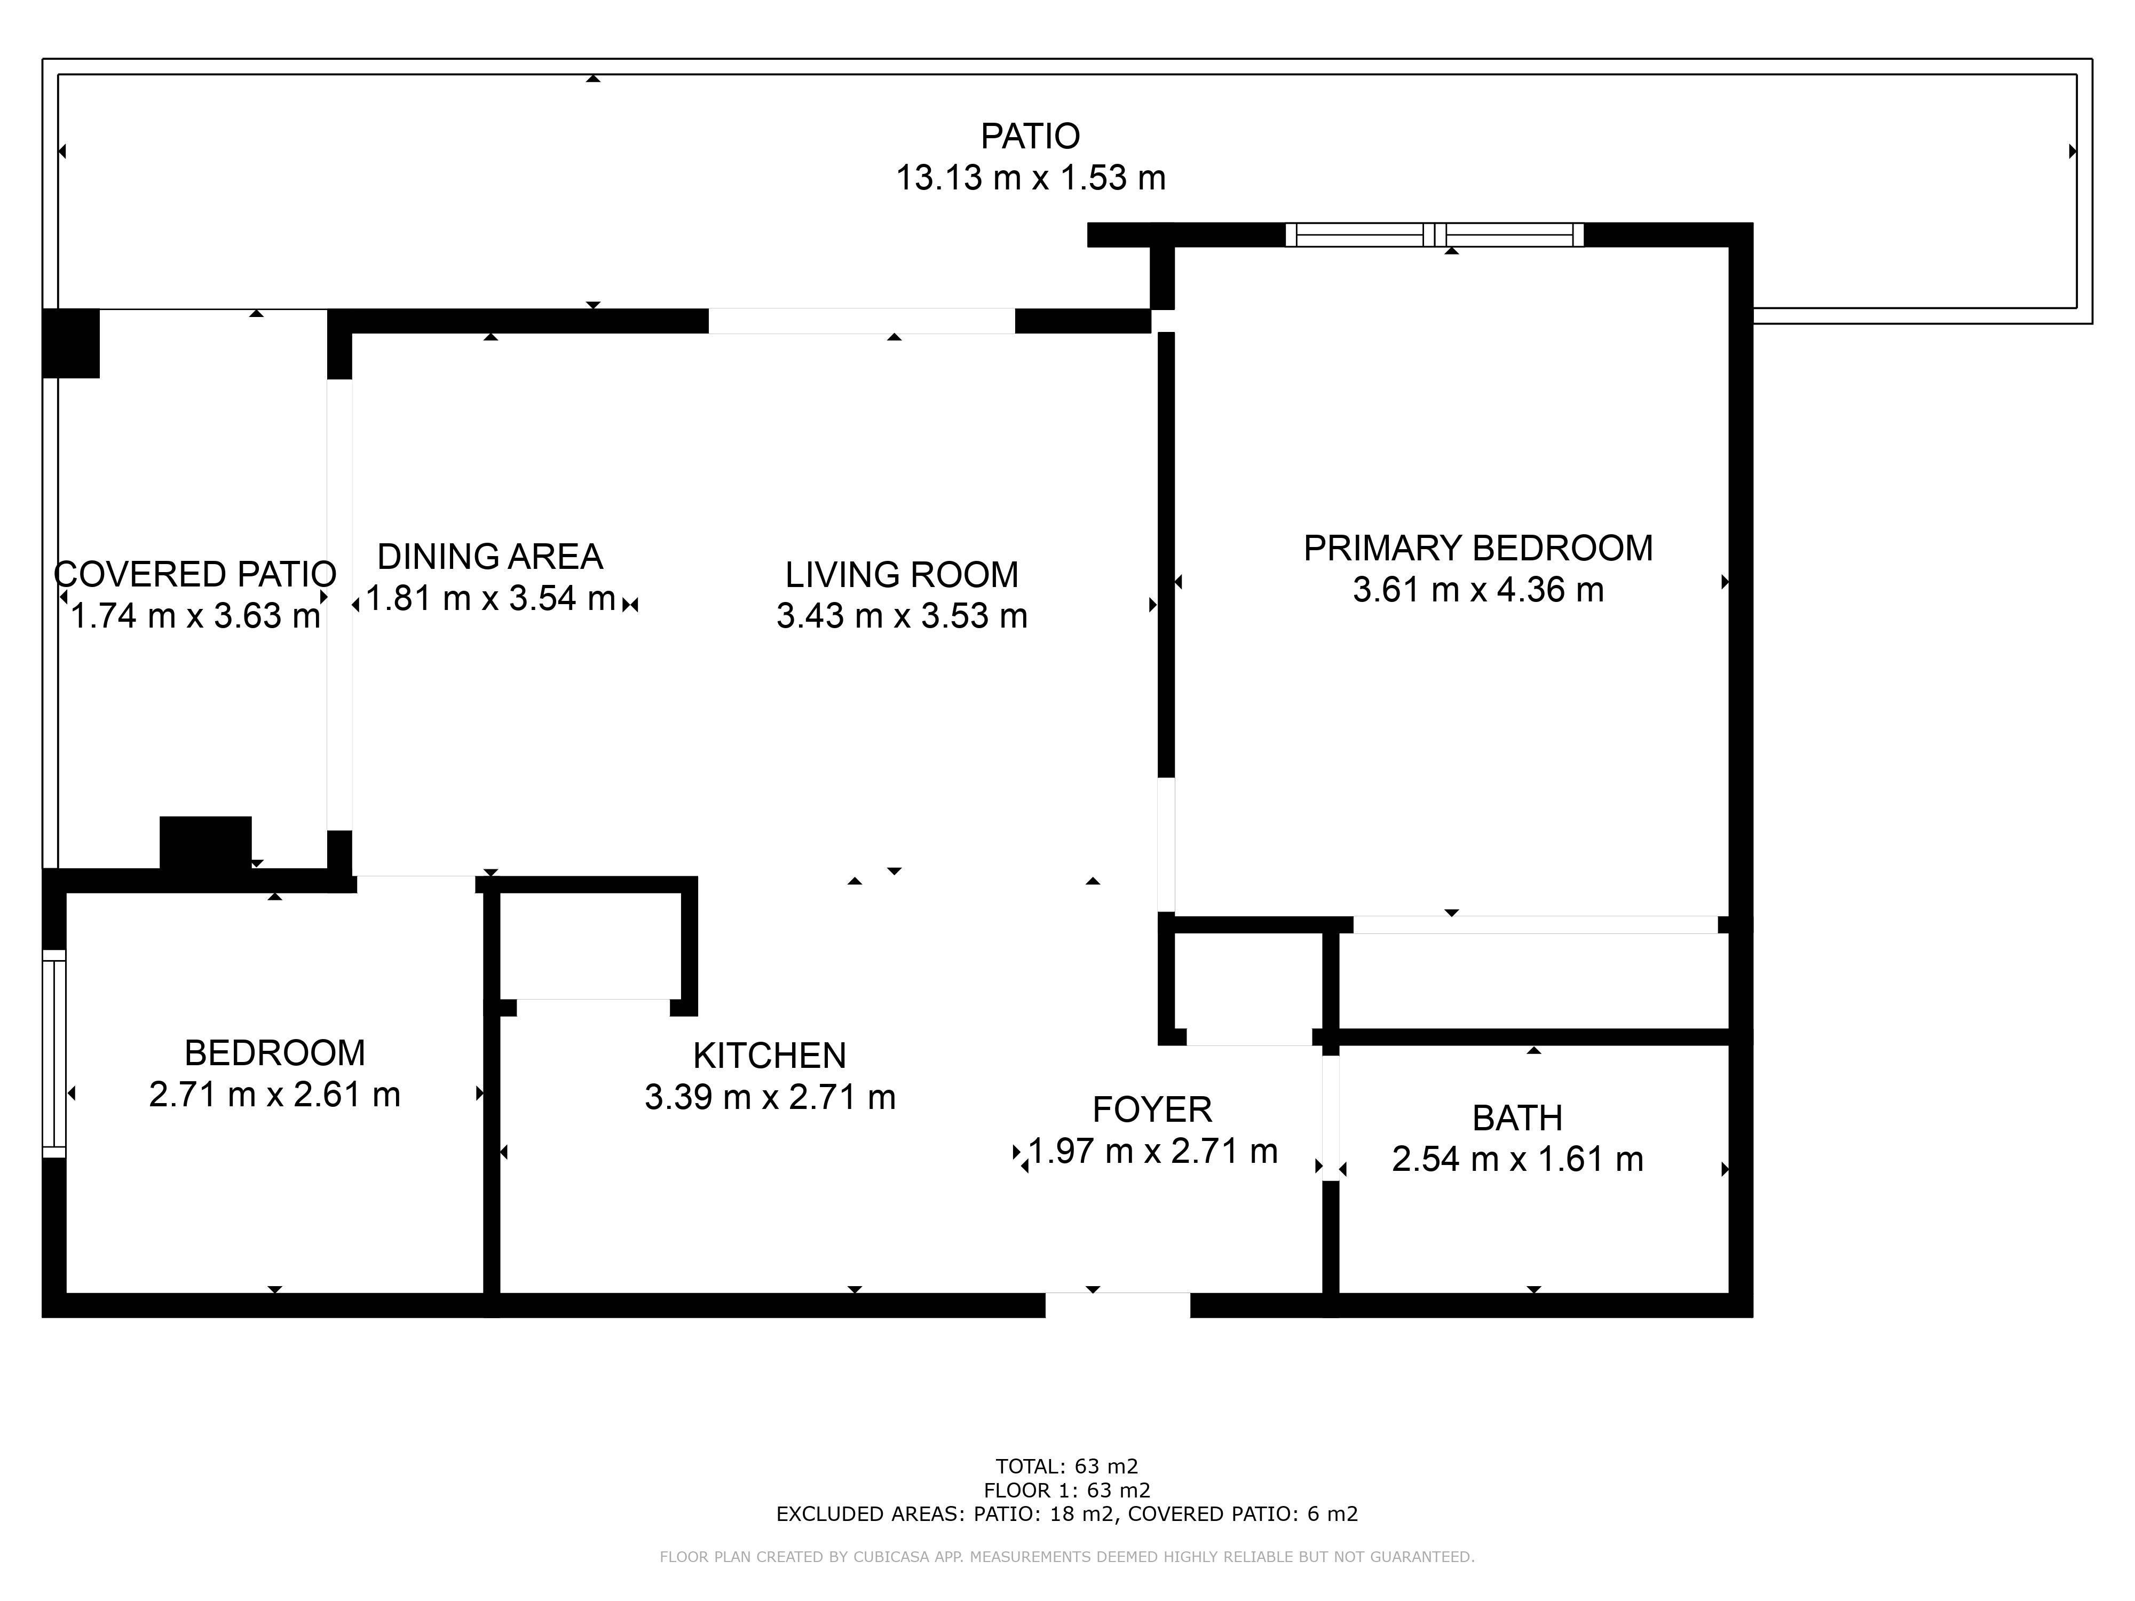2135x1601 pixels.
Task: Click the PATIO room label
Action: [1030, 136]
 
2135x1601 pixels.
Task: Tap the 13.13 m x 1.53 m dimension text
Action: [1031, 178]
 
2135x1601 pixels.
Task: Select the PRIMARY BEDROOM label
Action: [1478, 548]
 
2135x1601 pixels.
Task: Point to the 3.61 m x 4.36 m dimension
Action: [1478, 590]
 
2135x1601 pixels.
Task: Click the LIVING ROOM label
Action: [902, 575]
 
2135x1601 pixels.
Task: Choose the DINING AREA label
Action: [491, 557]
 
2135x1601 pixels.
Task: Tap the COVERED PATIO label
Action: [195, 574]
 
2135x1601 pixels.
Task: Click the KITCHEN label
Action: [769, 1056]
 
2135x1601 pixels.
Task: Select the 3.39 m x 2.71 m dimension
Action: [770, 1097]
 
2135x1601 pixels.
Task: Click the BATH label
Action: [1517, 1117]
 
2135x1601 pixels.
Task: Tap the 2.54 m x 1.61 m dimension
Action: [1517, 1159]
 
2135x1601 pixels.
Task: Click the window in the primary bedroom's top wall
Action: [1434, 234]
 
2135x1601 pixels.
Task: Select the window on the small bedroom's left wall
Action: [54, 1054]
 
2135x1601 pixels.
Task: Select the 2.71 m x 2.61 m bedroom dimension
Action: [274, 1095]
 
